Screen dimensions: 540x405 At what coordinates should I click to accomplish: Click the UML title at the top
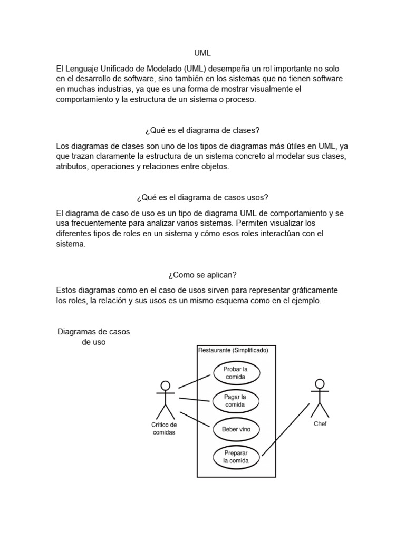[202, 53]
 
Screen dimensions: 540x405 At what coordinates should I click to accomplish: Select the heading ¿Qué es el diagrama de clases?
[202, 130]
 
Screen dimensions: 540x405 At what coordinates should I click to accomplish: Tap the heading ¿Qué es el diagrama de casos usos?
[202, 197]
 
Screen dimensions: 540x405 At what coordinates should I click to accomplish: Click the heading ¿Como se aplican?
[202, 275]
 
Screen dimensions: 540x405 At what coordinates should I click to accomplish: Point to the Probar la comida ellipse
[236, 373]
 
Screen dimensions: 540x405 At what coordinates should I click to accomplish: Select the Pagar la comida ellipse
[235, 401]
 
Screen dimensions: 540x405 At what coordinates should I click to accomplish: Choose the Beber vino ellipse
[236, 429]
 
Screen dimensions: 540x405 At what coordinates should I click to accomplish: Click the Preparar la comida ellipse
[235, 457]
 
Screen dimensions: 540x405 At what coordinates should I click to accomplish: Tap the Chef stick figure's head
[319, 383]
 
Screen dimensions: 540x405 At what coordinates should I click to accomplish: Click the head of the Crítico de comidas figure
[166, 384]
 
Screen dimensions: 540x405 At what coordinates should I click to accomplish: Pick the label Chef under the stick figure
[320, 424]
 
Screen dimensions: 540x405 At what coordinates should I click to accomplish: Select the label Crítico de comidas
[164, 428]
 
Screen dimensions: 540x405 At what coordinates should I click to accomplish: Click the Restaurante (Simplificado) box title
[233, 350]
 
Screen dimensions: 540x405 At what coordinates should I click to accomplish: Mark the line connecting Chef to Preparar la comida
[285, 429]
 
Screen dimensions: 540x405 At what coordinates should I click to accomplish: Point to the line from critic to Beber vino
[196, 420]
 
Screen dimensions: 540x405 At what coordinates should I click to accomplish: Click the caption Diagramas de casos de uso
[93, 336]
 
